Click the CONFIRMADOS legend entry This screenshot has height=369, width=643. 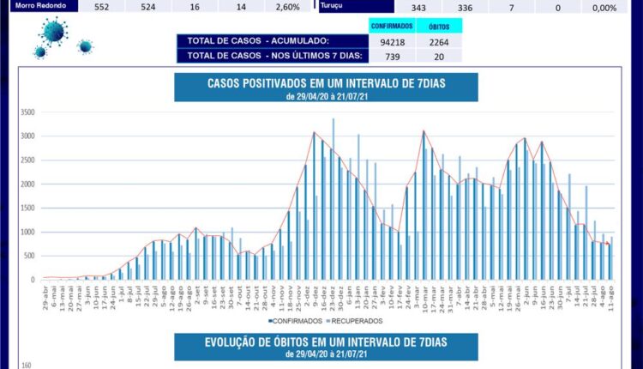pos(296,321)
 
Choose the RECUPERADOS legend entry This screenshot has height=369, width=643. pos(353,321)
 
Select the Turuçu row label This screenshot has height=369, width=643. pos(333,6)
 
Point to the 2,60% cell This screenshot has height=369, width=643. pos(288,7)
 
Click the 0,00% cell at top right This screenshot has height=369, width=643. pos(604,7)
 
